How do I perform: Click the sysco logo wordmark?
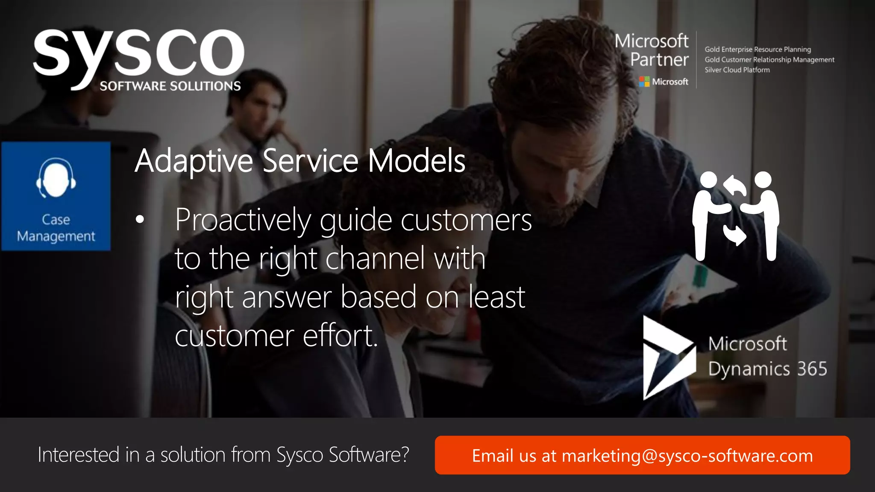[x=139, y=53]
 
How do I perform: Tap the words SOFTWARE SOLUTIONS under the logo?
[x=170, y=86]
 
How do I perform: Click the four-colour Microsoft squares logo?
[x=644, y=82]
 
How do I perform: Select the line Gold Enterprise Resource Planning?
[x=758, y=50]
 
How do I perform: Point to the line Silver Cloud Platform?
[x=737, y=70]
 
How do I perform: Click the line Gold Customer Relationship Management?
[x=769, y=60]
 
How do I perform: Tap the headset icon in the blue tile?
[x=56, y=178]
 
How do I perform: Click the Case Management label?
[x=56, y=228]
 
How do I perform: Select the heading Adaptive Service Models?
[x=300, y=161]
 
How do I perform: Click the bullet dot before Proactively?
[x=140, y=220]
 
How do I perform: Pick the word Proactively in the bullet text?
[x=243, y=220]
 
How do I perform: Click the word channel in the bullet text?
[x=376, y=258]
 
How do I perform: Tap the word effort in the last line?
[x=340, y=336]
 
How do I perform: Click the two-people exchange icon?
[x=736, y=216]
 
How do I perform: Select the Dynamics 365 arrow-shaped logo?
[x=667, y=358]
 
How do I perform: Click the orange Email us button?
[x=642, y=455]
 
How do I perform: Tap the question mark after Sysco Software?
[x=404, y=454]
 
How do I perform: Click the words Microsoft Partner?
[x=652, y=50]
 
